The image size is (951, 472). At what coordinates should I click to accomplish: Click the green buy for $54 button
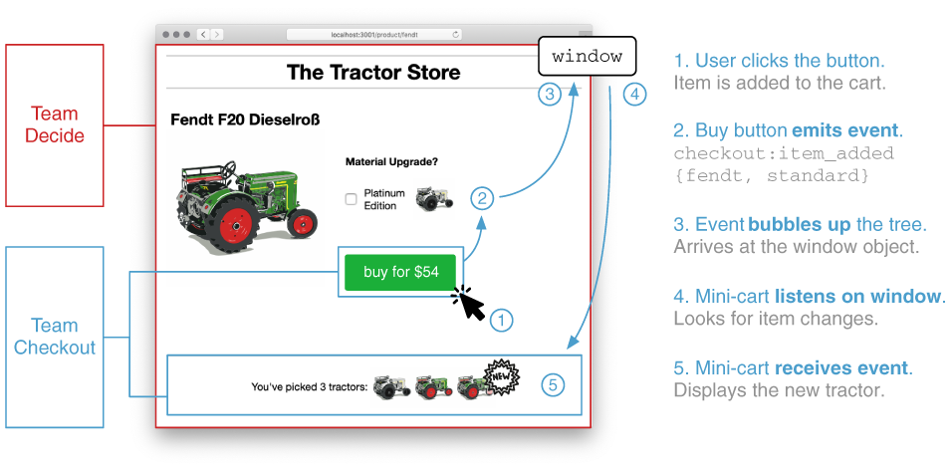pyautogui.click(x=399, y=272)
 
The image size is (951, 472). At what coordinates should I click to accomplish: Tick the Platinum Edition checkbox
pyautogui.click(x=351, y=199)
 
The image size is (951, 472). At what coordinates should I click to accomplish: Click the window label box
pyautogui.click(x=588, y=57)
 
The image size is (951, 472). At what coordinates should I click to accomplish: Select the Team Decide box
pyautogui.click(x=55, y=125)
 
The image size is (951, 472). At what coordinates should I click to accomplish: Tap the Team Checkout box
pyautogui.click(x=55, y=337)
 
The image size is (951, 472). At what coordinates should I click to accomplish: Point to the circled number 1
pyautogui.click(x=501, y=321)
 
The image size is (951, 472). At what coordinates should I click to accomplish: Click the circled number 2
pyautogui.click(x=482, y=198)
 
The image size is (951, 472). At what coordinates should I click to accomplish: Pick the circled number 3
pyautogui.click(x=550, y=94)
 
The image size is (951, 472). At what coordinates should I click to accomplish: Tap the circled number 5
pyautogui.click(x=553, y=384)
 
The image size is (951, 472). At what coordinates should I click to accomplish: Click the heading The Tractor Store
pyautogui.click(x=373, y=73)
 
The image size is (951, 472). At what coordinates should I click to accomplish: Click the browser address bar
pyautogui.click(x=374, y=35)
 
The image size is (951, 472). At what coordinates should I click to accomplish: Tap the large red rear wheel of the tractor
pyautogui.click(x=232, y=221)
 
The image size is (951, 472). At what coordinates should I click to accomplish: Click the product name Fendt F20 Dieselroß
pyautogui.click(x=245, y=120)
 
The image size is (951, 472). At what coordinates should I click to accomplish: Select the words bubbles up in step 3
pyautogui.click(x=791, y=224)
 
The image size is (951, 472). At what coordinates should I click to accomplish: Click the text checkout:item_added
pyautogui.click(x=784, y=153)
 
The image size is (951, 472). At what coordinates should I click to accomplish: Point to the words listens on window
pyautogui.click(x=857, y=296)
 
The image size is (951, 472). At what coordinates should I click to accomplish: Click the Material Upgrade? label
pyautogui.click(x=391, y=162)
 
